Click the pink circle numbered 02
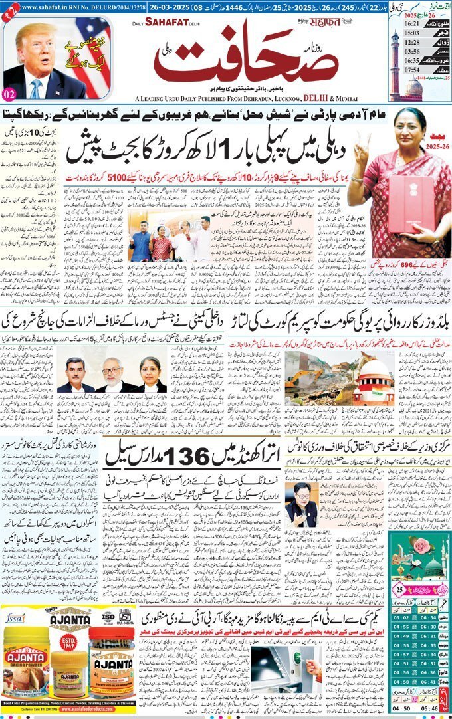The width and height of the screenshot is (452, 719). pos(10,93)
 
